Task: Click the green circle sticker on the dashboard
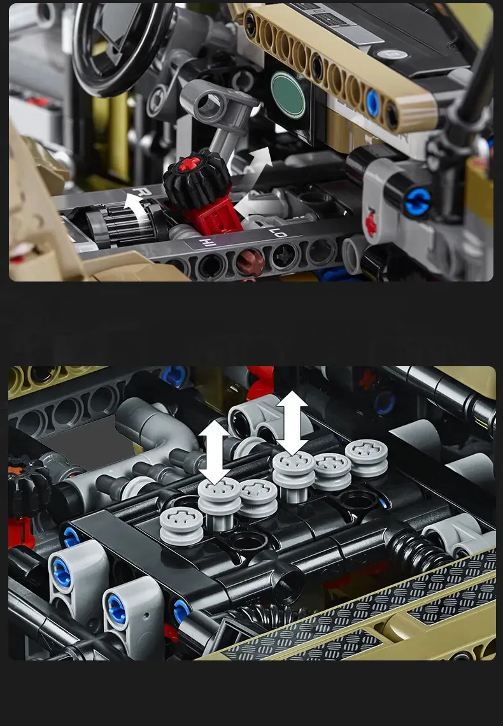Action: (x=288, y=94)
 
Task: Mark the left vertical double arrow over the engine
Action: (x=215, y=452)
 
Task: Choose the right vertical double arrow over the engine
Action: (x=292, y=423)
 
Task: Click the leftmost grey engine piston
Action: (x=181, y=525)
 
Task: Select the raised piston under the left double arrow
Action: (x=219, y=503)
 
